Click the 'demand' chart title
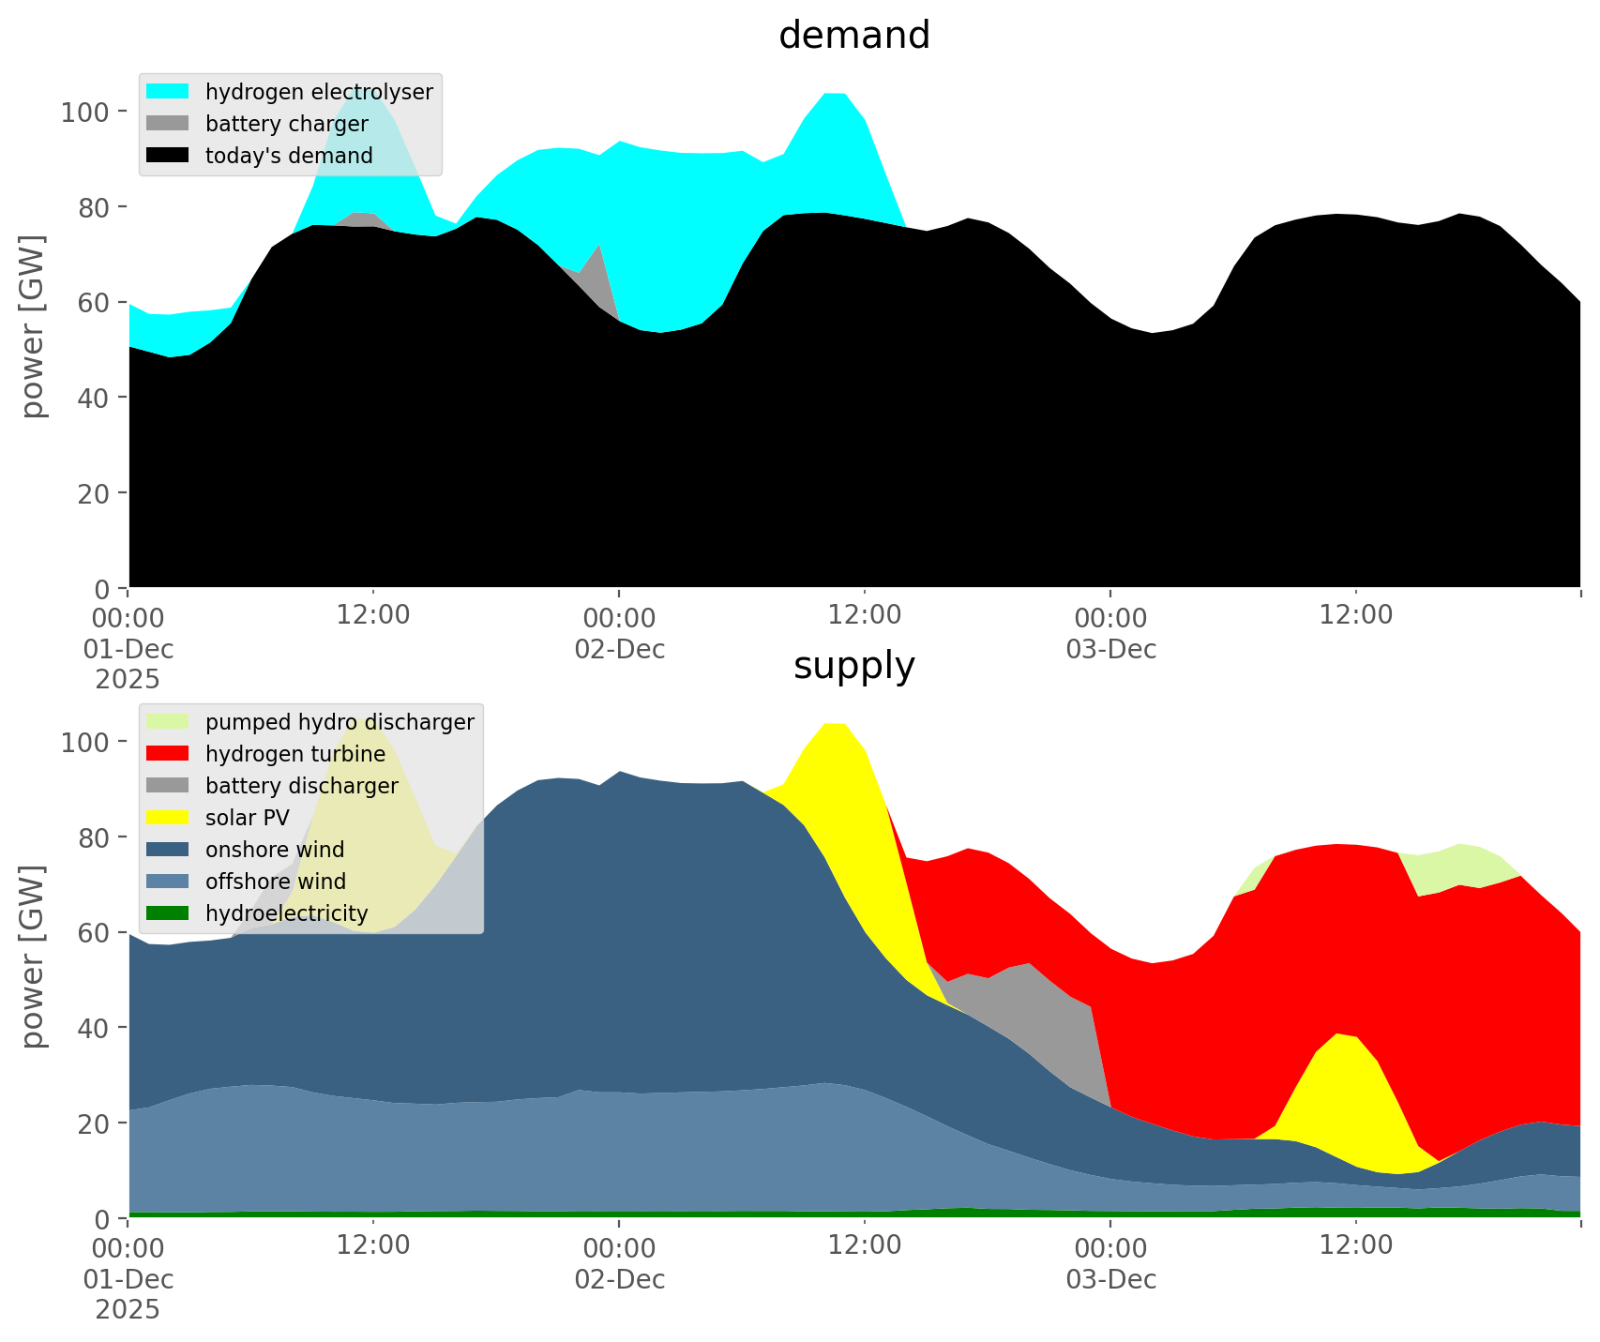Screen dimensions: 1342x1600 pos(853,36)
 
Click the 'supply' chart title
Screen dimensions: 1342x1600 pos(853,666)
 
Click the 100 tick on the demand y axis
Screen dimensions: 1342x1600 pos(85,113)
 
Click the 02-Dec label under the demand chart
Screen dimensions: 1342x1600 pos(620,649)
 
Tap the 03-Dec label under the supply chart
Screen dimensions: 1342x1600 pos(1110,1279)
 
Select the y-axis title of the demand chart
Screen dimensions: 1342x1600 pos(34,325)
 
